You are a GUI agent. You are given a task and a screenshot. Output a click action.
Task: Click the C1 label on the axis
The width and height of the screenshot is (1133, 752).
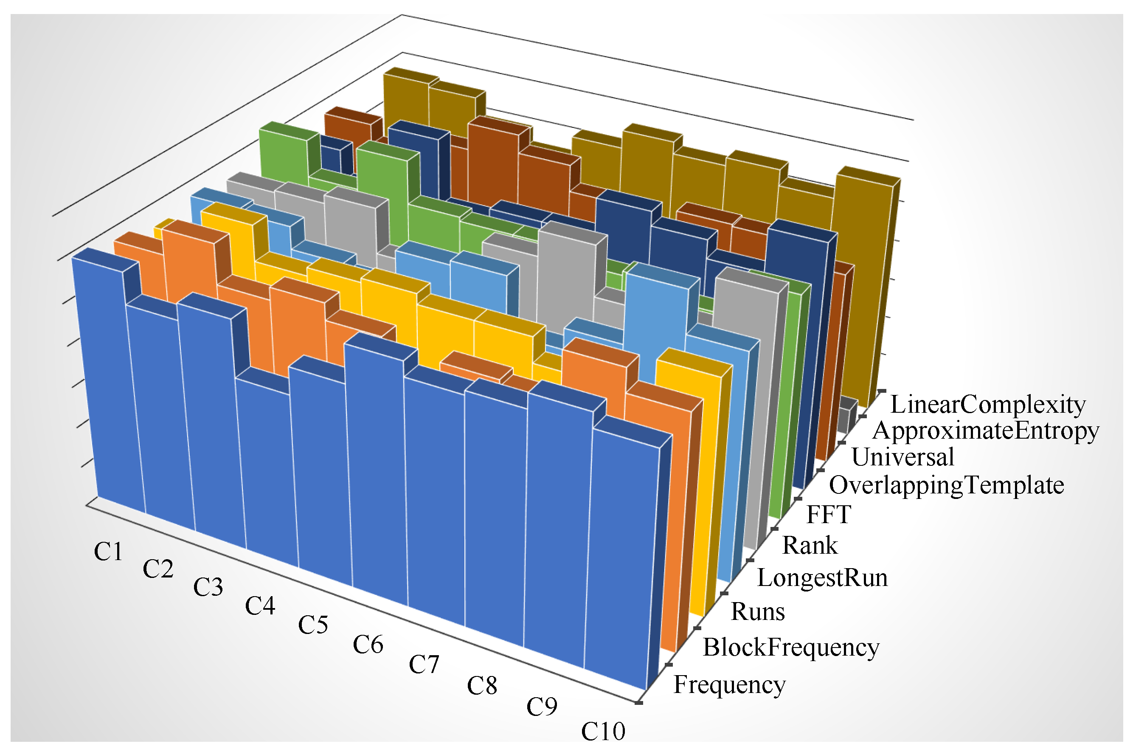coord(108,552)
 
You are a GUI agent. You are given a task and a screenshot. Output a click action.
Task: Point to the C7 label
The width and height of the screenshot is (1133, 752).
coord(423,665)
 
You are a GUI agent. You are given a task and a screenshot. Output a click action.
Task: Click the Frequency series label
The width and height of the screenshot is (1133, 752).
coord(729,684)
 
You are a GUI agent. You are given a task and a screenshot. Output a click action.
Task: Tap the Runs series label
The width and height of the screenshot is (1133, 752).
coord(758,612)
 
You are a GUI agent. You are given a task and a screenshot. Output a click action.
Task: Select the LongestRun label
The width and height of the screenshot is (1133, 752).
coord(822,577)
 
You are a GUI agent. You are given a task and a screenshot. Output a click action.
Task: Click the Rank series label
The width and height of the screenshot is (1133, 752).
coord(810,546)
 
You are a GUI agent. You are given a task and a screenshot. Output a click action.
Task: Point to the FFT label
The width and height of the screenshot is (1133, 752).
coord(828,515)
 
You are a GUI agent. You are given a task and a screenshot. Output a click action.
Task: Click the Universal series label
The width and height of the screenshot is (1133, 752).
coord(902,456)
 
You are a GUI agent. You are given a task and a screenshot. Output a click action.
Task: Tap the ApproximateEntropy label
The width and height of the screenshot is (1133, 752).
coord(985,430)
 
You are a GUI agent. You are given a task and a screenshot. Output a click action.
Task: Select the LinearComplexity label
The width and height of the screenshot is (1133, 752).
coord(988,404)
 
